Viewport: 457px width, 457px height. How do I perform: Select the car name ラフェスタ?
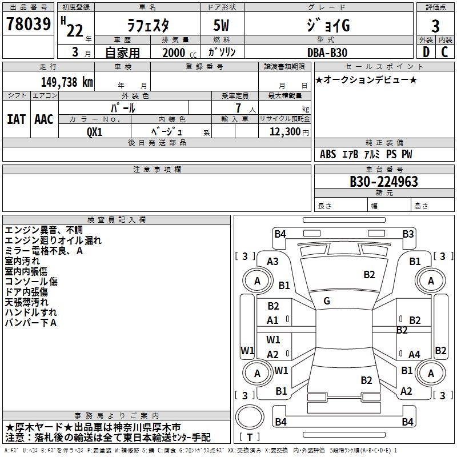click(x=147, y=26)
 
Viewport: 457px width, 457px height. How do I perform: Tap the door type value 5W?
click(x=222, y=26)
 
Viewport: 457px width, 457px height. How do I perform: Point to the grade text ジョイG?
click(x=328, y=26)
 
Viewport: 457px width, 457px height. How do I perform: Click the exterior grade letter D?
click(x=426, y=52)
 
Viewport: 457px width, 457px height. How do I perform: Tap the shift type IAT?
click(x=16, y=119)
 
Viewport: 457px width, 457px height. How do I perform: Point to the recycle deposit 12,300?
click(x=284, y=131)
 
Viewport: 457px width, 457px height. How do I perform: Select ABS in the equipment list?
click(x=328, y=154)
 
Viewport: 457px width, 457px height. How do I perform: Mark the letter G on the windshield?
click(x=327, y=301)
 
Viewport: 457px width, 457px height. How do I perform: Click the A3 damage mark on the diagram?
click(x=273, y=261)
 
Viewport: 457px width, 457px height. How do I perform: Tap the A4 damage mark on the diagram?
click(x=414, y=355)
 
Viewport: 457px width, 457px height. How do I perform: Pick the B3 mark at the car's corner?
click(x=408, y=234)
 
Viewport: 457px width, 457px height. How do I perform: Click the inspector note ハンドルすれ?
click(x=31, y=312)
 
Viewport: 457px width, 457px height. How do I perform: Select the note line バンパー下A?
click(x=31, y=323)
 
